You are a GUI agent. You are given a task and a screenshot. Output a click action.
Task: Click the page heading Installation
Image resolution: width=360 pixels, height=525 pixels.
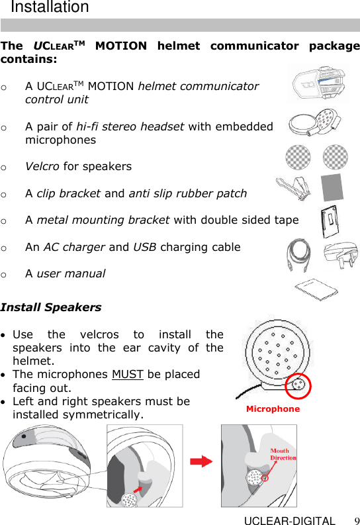tap(50, 8)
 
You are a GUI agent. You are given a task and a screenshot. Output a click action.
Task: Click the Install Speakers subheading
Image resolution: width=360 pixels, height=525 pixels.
tap(51, 307)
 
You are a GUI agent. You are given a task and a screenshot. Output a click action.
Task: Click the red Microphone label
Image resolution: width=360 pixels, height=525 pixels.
tap(273, 409)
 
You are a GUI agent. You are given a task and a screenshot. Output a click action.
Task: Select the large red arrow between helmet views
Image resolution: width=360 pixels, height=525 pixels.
tap(201, 461)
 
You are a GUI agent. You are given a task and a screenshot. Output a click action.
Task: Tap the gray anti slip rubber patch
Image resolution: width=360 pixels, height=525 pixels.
tap(332, 188)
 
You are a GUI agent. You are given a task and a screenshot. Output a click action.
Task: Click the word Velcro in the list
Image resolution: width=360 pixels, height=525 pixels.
tap(41, 166)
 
